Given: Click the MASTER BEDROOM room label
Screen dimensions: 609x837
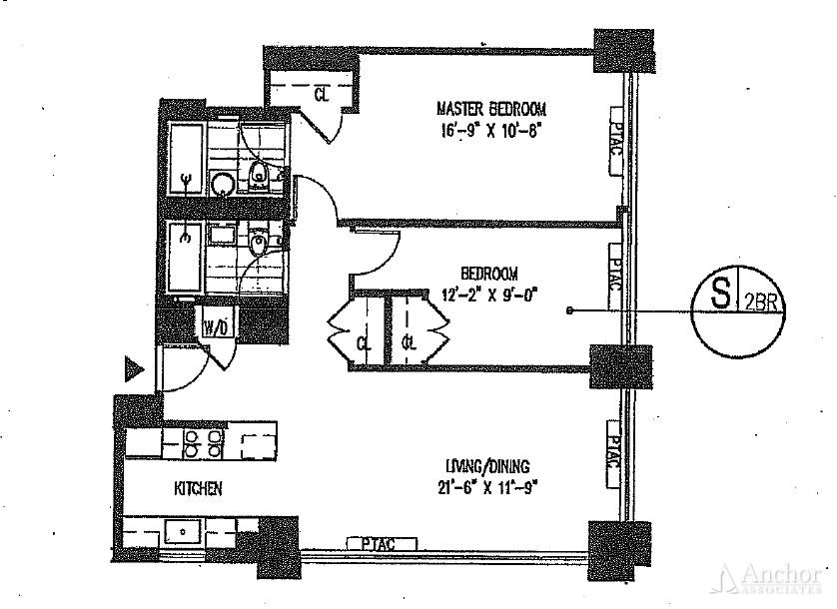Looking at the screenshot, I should [491, 108].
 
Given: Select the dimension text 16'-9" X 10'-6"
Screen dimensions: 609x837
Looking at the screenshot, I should [491, 130].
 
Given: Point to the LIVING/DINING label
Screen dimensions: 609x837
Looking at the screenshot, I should [487, 465].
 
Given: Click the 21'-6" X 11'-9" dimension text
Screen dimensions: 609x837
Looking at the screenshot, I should [487, 487].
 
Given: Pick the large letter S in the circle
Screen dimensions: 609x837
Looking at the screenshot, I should [719, 297].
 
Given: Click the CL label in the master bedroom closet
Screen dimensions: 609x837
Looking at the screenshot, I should [321, 96].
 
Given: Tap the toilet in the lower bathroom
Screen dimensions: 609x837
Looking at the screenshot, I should [259, 243].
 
